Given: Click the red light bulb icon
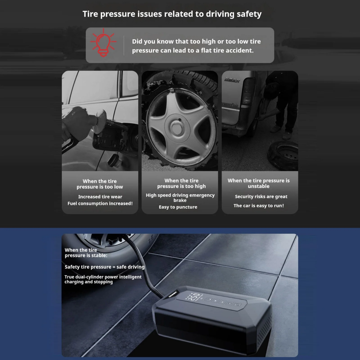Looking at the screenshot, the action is [x=103, y=43].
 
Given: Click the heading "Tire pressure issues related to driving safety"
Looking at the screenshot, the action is [x=172, y=14].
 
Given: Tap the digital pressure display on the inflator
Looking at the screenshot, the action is [x=193, y=296].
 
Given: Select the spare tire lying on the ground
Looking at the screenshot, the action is [x=283, y=155].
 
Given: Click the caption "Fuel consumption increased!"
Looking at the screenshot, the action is [x=100, y=203].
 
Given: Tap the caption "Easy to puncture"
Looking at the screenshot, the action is [x=178, y=207].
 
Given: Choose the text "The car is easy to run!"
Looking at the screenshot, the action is [x=259, y=206].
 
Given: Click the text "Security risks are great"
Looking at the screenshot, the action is [x=261, y=196].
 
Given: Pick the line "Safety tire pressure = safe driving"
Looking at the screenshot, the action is [x=104, y=267].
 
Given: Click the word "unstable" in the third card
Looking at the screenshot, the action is [x=259, y=186].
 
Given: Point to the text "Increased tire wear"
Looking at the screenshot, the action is [x=100, y=197].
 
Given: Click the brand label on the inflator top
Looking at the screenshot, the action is [x=173, y=294].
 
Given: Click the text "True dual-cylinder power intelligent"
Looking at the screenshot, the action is [x=103, y=277].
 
